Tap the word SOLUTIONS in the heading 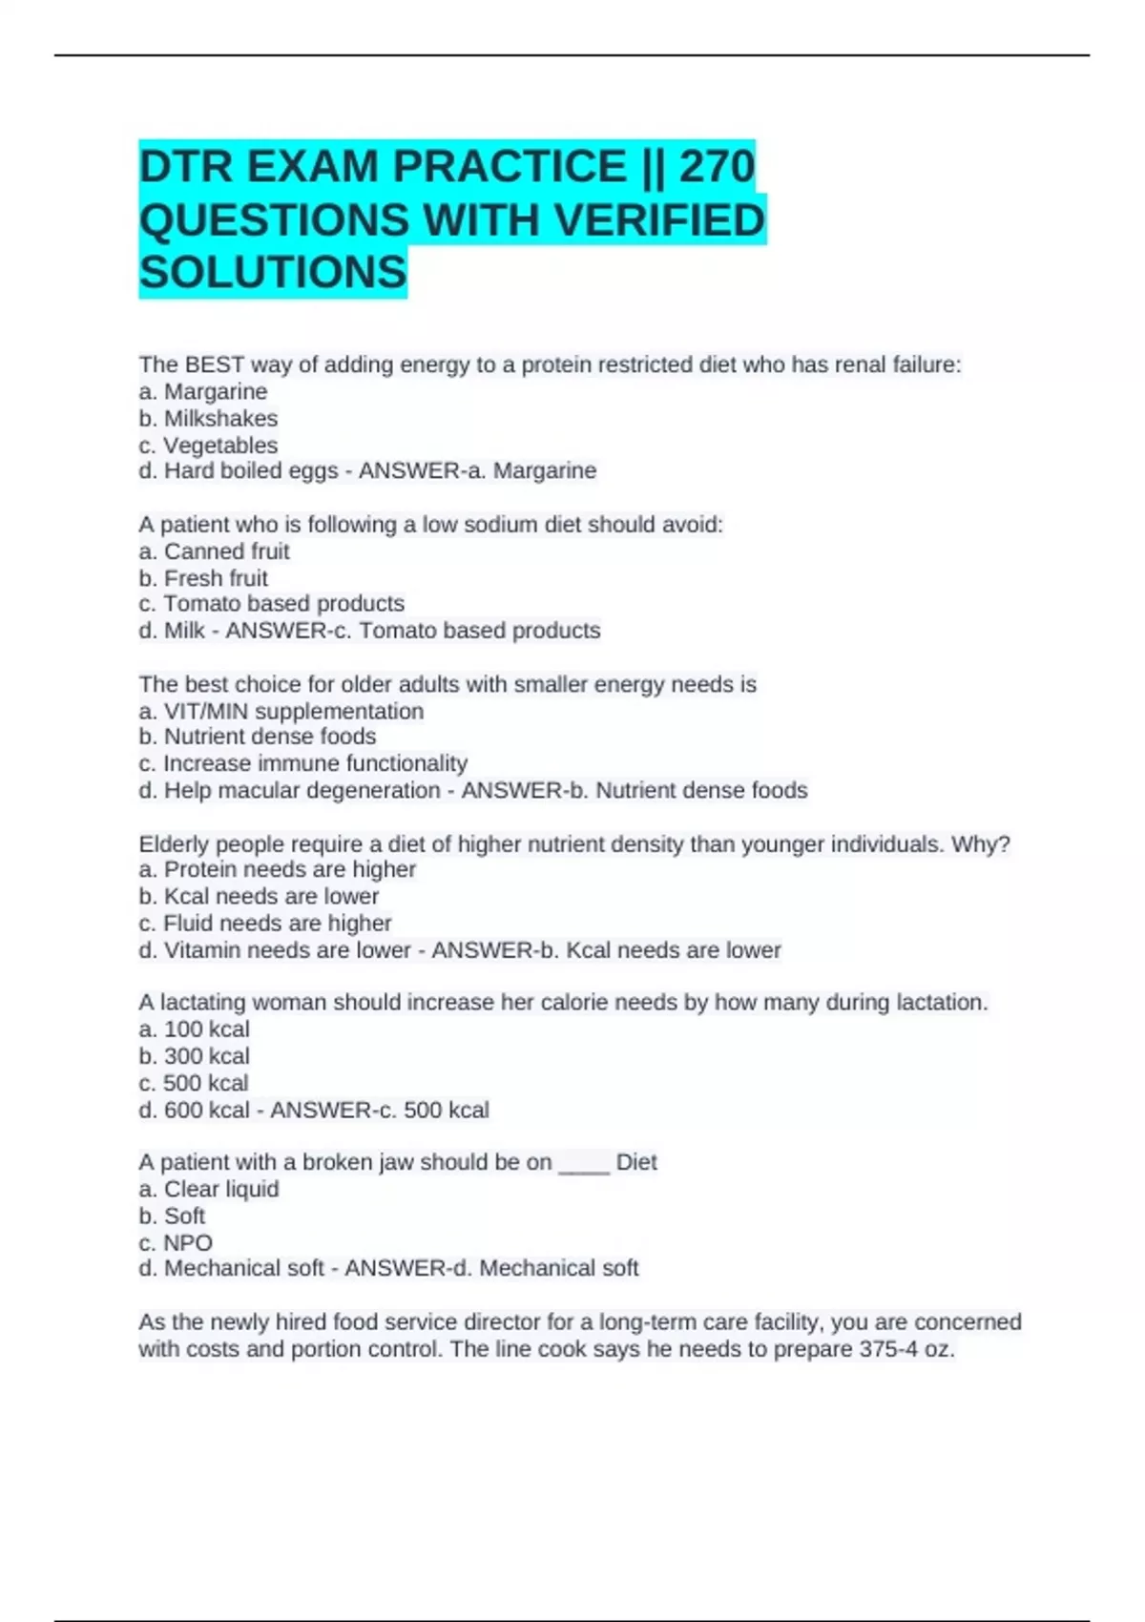point(273,273)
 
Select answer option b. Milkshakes point(208,419)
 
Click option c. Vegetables point(208,446)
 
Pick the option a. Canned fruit point(214,551)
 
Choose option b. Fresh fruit point(203,578)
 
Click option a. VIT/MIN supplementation point(281,712)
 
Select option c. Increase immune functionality point(302,764)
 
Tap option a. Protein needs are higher point(277,869)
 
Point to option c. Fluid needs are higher point(264,924)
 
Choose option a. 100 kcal point(194,1029)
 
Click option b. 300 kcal point(194,1056)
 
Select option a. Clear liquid point(208,1190)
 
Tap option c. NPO point(176,1243)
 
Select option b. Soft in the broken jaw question point(172,1216)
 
